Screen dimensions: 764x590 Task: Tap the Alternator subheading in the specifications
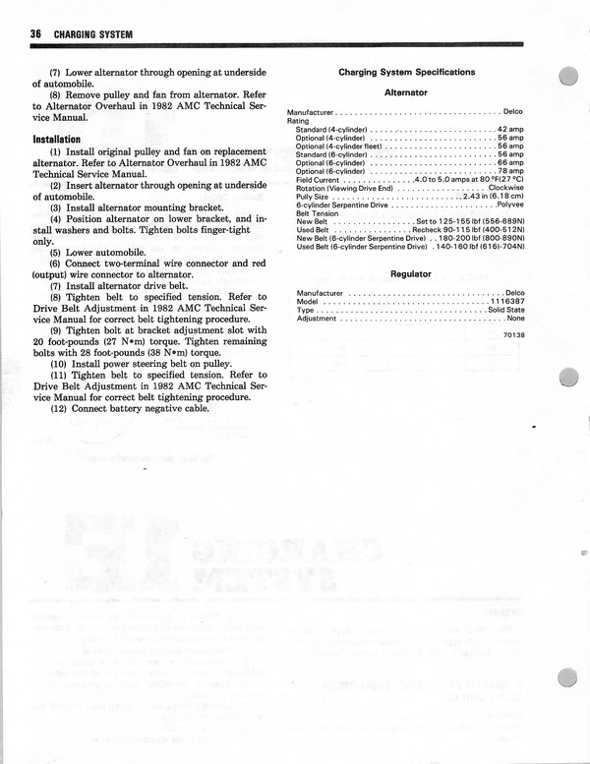405,92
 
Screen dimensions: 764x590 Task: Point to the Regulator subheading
411,274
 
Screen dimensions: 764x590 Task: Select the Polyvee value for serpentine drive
509,205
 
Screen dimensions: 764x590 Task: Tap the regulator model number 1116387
506,302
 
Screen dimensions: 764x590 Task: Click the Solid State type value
505,310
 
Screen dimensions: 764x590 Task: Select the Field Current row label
319,180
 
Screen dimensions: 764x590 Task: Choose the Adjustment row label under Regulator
317,319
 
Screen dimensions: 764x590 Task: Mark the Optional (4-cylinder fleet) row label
340,147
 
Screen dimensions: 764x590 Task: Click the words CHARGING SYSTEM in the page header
93,35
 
